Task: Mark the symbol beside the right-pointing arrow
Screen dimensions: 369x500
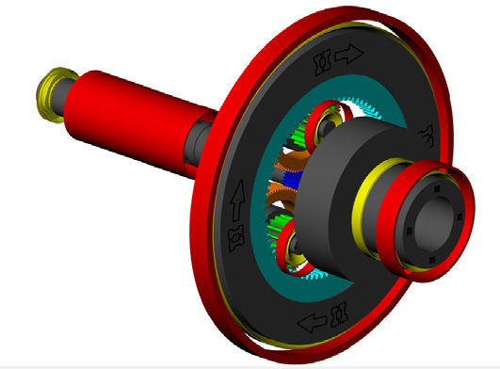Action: click(319, 63)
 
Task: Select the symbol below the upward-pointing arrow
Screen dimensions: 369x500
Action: click(233, 232)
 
